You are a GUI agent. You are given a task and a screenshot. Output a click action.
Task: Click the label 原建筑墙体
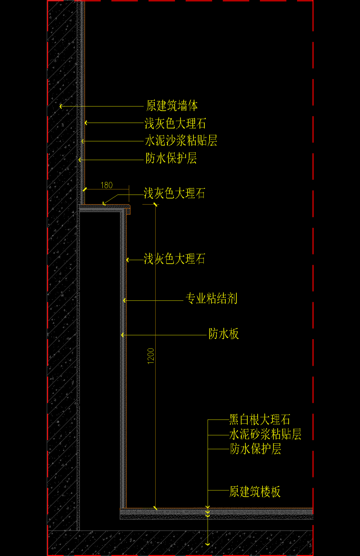(172, 106)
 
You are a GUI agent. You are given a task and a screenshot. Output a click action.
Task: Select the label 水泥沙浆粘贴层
(181, 141)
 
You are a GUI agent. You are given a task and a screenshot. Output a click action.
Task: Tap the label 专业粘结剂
(211, 298)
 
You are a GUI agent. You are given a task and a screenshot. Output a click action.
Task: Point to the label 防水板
(224, 333)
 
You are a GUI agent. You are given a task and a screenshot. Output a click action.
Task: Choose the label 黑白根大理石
(260, 419)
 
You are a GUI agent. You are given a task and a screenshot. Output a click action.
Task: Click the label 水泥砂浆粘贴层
(265, 434)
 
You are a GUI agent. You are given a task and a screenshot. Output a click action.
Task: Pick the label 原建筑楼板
(255, 491)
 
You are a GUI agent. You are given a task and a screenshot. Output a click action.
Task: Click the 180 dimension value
(107, 185)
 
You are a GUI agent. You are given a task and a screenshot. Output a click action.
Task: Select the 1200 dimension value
(151, 356)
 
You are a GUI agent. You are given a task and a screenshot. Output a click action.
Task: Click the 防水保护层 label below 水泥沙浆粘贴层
(171, 158)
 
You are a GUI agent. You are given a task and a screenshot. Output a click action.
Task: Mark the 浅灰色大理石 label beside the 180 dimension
(174, 193)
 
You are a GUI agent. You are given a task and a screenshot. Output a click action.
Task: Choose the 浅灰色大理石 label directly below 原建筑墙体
(175, 123)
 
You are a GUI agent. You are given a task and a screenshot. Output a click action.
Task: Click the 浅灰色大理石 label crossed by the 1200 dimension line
(174, 259)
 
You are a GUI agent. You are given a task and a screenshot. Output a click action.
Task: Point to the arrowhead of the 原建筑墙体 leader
(61, 106)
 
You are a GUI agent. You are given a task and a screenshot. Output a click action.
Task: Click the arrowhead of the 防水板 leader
(122, 335)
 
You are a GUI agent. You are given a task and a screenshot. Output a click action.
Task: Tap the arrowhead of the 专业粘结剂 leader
(124, 300)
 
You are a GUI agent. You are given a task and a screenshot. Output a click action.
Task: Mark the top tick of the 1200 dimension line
(156, 205)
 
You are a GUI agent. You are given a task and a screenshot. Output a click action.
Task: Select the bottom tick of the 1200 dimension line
(156, 508)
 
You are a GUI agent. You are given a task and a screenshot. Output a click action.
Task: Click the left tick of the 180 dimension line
(85, 190)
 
